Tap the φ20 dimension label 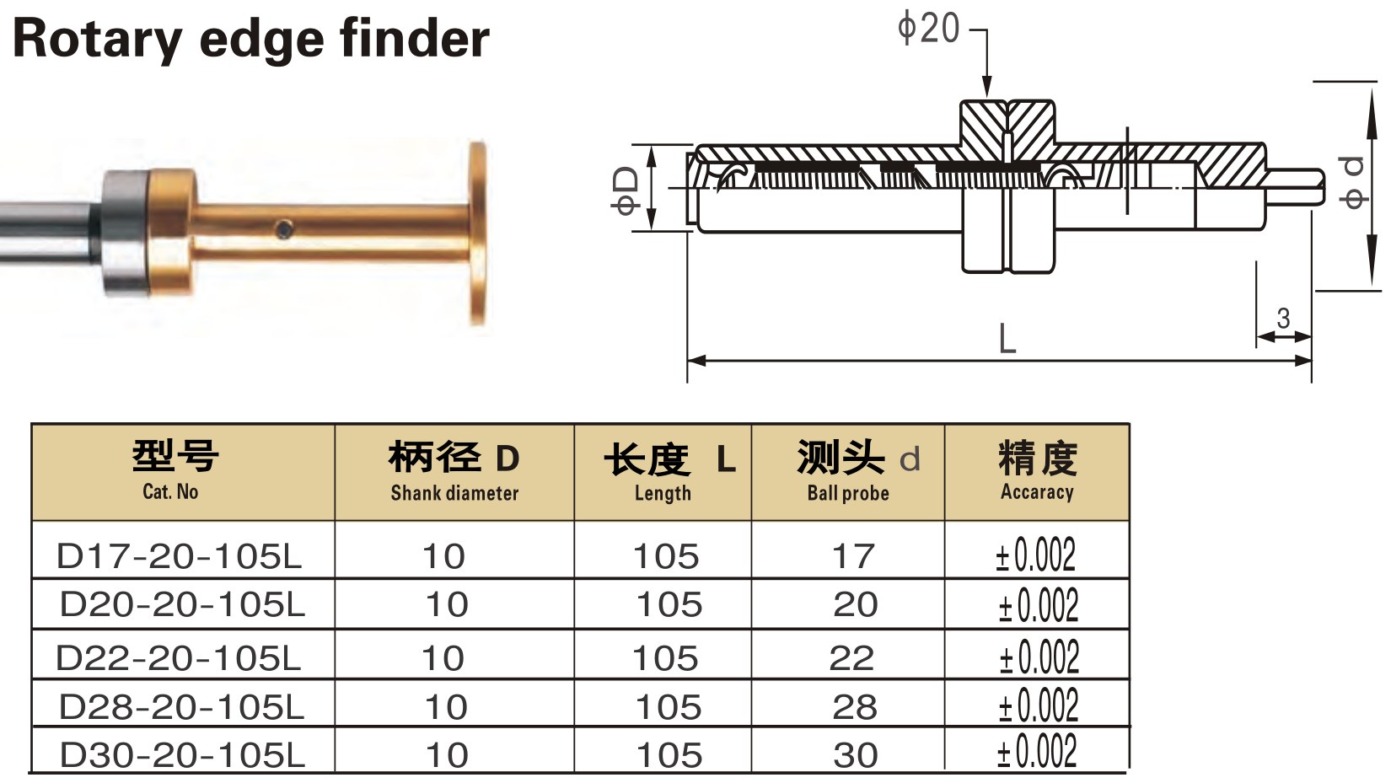coord(928,29)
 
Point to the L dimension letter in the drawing coord(1007,338)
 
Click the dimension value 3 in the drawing coord(1283,319)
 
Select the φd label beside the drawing coord(1351,183)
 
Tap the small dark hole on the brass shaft coord(285,229)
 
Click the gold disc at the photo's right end coord(477,233)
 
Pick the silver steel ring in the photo coord(125,233)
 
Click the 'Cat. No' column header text coord(170,491)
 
